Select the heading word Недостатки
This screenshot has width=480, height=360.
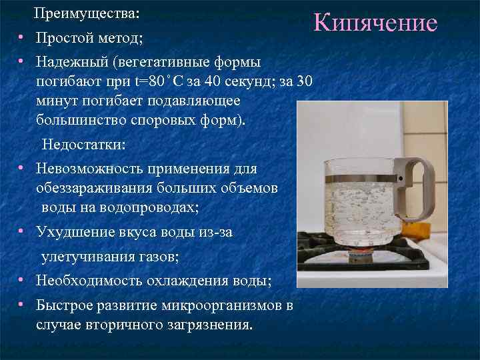(83, 145)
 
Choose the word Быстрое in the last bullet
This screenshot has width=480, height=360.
(65, 306)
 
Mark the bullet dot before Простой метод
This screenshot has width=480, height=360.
(22, 37)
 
